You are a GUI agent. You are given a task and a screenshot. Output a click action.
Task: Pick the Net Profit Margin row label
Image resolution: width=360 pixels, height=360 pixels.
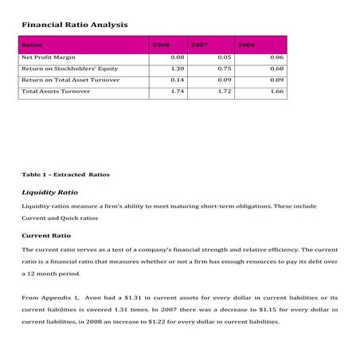[x=49, y=58]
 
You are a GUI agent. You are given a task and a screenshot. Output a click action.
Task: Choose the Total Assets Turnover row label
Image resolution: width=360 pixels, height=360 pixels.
[x=56, y=92]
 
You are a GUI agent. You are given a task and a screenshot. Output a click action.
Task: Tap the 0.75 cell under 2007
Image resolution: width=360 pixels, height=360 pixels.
[x=224, y=69]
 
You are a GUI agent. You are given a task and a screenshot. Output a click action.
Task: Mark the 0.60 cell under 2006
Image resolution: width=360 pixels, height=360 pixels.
[x=277, y=69]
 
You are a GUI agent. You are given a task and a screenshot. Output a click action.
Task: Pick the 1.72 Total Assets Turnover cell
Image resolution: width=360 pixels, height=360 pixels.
[x=224, y=92]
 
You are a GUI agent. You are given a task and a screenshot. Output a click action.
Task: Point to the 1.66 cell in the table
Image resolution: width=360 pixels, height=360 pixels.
[x=277, y=92]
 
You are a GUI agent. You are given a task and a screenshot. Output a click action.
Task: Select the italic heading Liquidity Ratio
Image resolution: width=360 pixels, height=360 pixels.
[x=49, y=192]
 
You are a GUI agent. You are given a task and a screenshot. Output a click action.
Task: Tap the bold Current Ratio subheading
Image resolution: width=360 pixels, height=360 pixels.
[x=45, y=235]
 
